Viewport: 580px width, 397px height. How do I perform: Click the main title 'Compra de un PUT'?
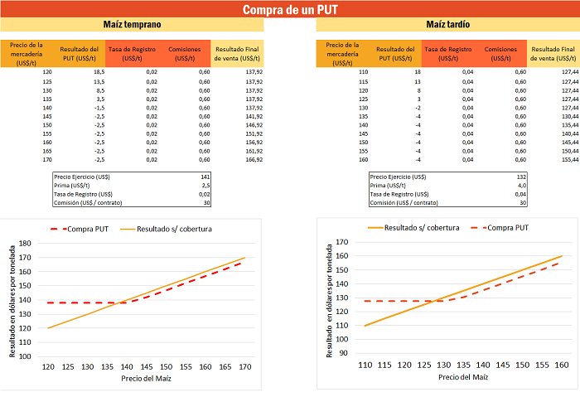[x=290, y=10]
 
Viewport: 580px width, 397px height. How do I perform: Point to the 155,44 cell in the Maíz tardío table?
[x=568, y=159]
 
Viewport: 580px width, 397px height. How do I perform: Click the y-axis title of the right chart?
[x=329, y=299]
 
